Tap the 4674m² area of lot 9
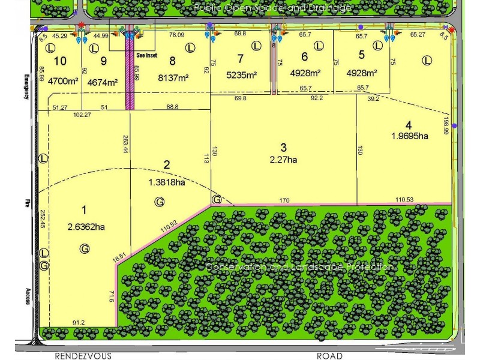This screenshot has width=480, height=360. tap(102, 83)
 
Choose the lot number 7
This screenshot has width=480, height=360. tap(241, 59)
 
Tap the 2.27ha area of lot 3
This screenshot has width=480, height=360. tap(284, 160)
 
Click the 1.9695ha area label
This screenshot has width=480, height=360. tap(409, 136)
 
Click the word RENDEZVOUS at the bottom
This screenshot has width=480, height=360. tap(83, 356)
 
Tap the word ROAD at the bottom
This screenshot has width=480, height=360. tap(329, 356)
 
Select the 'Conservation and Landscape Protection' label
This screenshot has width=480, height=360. tap(299, 267)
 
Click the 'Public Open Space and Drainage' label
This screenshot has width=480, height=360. tap(272, 8)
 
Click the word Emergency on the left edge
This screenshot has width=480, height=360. tap(27, 89)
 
